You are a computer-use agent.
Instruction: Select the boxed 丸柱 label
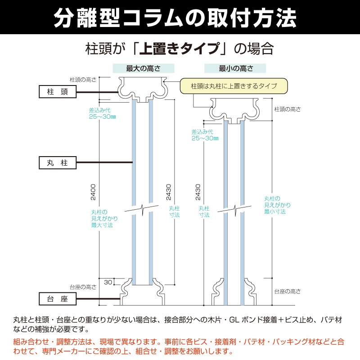point(57,162)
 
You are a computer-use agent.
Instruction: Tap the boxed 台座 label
point(57,298)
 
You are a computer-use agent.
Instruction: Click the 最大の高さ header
point(143,68)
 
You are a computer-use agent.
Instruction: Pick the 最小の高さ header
point(235,68)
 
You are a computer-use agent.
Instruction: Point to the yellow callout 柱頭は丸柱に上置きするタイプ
point(234,85)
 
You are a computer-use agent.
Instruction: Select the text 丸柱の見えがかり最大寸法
point(102,218)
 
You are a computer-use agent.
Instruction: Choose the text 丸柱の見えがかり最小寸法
point(274,205)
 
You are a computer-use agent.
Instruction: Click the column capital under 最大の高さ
point(142,90)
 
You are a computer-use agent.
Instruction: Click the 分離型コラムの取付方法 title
point(180,18)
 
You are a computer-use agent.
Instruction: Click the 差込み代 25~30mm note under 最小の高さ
point(205,135)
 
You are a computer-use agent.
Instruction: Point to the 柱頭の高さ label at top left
point(83,79)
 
